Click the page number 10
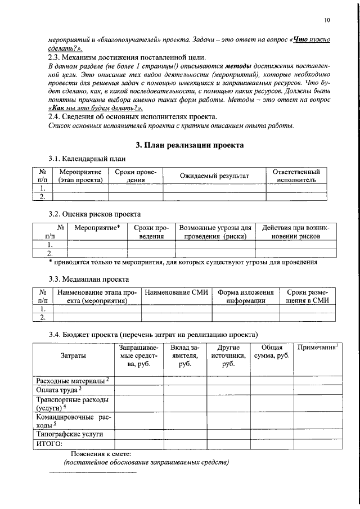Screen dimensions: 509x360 click(x=327, y=21)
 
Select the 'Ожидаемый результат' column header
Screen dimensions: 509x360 click(x=214, y=176)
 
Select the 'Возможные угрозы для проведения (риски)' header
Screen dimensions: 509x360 click(x=215, y=232)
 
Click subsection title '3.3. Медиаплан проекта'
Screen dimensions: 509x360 click(x=88, y=279)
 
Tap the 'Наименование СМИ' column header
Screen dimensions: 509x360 click(x=176, y=292)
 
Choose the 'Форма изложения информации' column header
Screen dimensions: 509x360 click(x=246, y=296)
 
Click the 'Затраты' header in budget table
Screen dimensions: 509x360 click(x=73, y=356)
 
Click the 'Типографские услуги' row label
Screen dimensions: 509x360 click(x=70, y=435)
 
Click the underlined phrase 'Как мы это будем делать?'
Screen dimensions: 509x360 click(x=95, y=107)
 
